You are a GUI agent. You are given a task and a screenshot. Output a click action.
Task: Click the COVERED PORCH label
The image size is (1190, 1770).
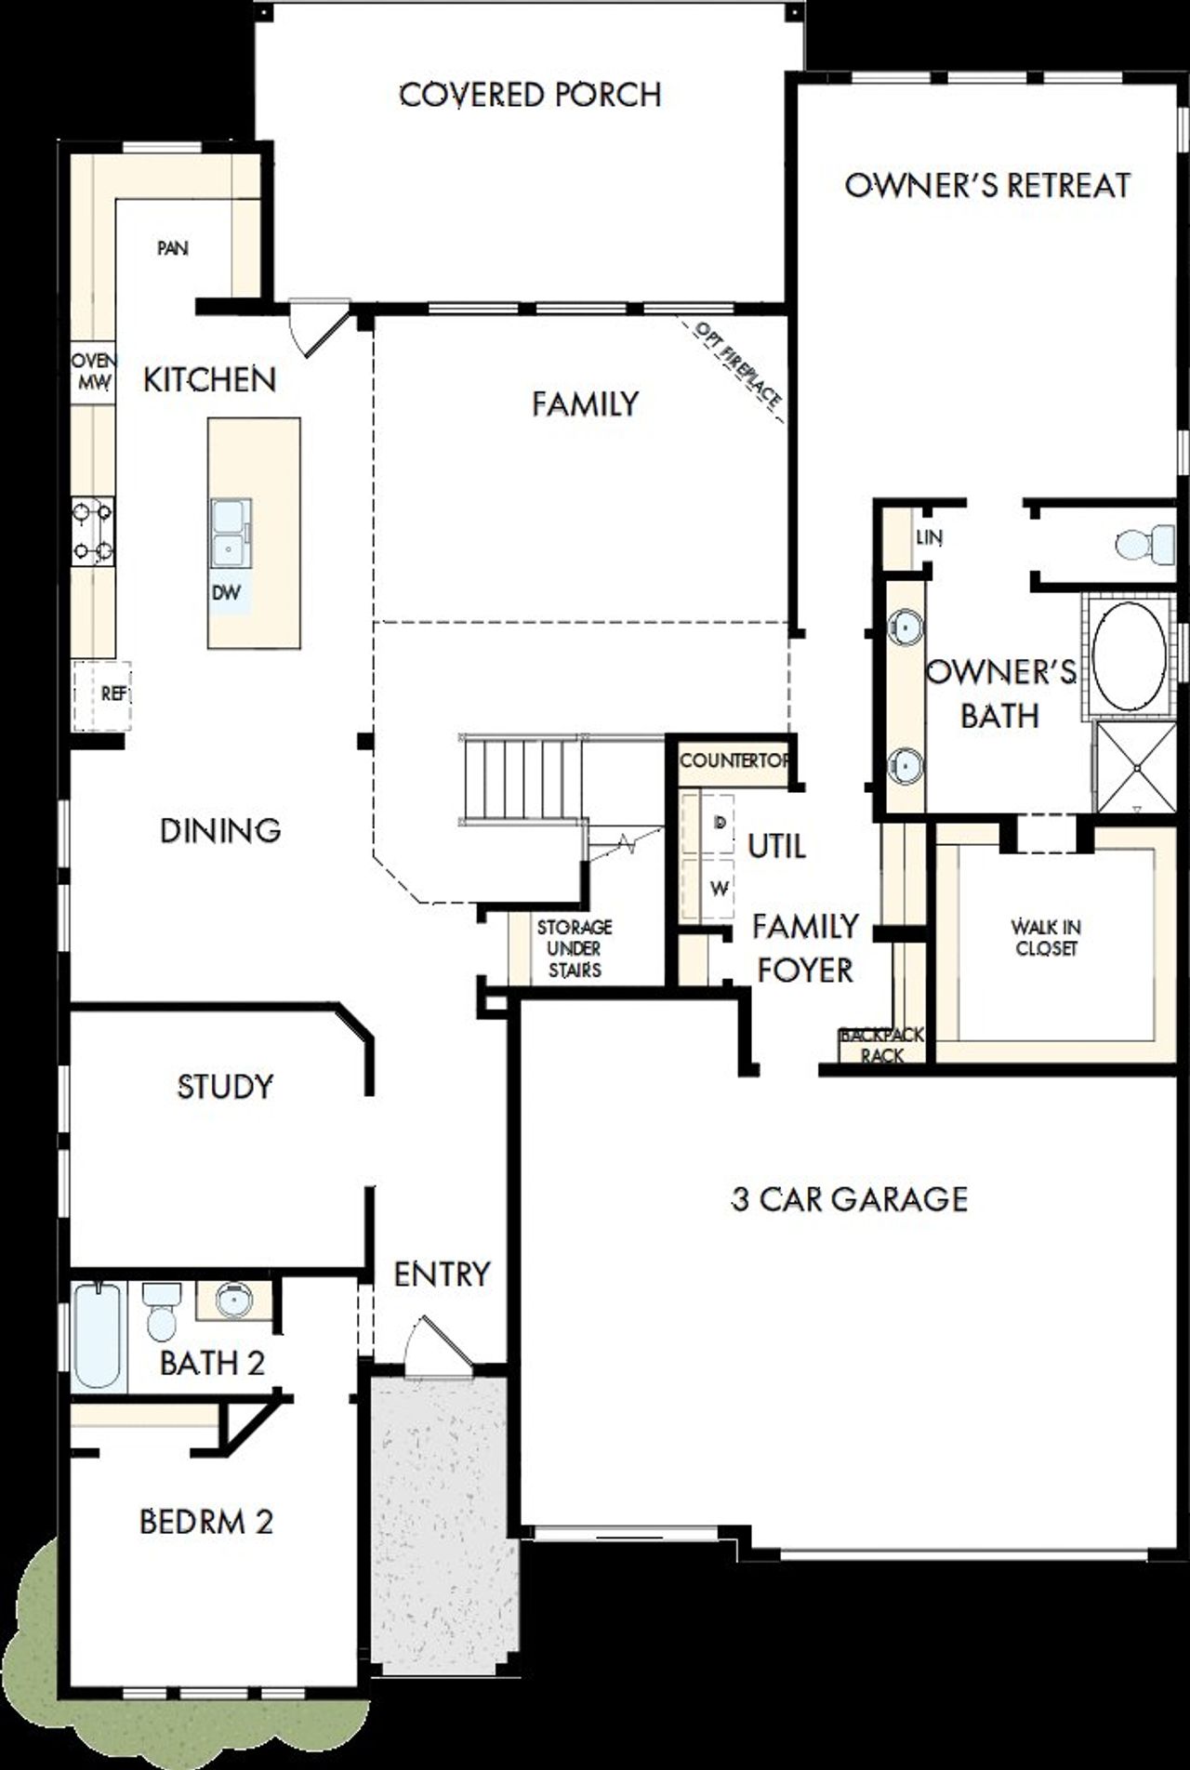530,94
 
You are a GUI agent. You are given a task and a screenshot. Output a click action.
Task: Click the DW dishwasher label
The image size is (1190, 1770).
226,593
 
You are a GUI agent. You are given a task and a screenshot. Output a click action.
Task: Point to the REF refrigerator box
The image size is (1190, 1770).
102,694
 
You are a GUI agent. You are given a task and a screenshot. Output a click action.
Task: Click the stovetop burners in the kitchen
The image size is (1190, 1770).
94,532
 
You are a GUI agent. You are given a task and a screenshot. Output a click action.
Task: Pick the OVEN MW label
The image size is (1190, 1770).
94,371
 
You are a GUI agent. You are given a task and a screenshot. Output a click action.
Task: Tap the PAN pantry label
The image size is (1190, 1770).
173,248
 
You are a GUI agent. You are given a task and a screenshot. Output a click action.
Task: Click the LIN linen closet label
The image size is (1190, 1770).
929,537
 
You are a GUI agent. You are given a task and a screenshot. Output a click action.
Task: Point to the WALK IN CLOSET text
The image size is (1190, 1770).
1046,937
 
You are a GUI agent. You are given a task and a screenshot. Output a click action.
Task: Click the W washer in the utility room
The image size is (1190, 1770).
718,889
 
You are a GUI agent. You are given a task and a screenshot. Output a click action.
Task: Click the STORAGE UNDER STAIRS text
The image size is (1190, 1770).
574,948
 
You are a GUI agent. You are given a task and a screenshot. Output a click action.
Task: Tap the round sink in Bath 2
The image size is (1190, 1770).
233,1299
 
